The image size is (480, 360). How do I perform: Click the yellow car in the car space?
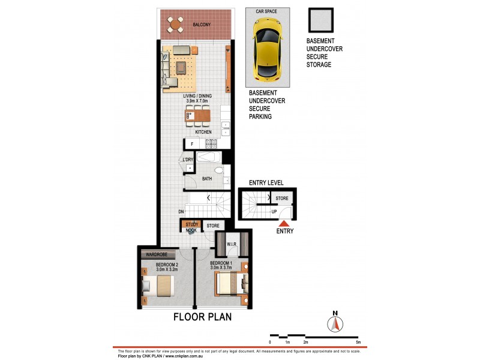[x=267, y=49]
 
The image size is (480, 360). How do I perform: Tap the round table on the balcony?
[x=176, y=25]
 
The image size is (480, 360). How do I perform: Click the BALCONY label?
[x=201, y=25]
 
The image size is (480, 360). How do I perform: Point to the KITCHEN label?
[x=203, y=132]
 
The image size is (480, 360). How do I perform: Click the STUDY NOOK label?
[x=191, y=226]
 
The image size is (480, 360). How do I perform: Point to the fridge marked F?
[x=192, y=144]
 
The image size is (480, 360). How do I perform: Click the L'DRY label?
[x=188, y=159]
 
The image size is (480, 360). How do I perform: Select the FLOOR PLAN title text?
[x=203, y=317]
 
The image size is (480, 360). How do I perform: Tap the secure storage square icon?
[x=320, y=22]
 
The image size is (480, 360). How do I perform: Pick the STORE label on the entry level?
[x=282, y=197]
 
